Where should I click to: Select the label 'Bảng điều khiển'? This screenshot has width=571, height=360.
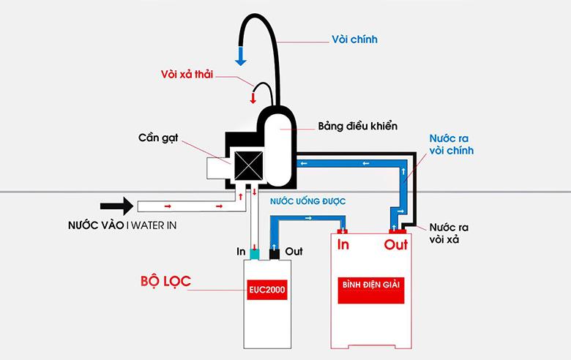click(x=358, y=126)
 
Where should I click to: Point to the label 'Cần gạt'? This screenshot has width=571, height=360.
click(x=157, y=138)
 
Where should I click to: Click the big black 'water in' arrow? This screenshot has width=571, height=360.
click(x=116, y=205)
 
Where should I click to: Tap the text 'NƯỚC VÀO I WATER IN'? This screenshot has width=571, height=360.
click(x=117, y=225)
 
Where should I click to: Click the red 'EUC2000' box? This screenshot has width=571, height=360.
click(x=266, y=290)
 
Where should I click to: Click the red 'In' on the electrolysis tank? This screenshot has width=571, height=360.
click(x=343, y=245)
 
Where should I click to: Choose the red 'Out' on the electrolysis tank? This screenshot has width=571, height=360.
click(x=395, y=245)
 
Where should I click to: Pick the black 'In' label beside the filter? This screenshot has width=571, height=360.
click(x=241, y=250)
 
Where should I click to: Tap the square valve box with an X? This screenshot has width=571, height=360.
click(x=246, y=165)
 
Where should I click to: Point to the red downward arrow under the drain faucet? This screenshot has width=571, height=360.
click(x=254, y=97)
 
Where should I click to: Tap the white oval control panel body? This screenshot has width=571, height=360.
click(x=279, y=146)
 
